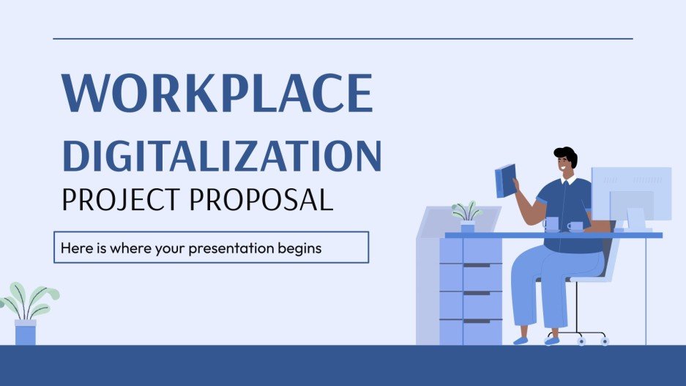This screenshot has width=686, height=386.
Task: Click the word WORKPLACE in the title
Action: tap(217, 94)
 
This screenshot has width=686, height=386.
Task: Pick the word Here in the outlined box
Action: tap(72, 248)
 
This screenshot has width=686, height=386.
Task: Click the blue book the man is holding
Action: tap(505, 179)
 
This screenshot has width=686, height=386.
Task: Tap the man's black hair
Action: tap(566, 155)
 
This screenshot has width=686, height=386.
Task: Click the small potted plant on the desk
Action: tap(467, 217)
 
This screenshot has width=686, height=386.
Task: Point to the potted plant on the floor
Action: tap(26, 315)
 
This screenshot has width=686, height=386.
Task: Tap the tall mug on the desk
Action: tap(551, 224)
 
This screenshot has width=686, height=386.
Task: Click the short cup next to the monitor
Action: tap(575, 226)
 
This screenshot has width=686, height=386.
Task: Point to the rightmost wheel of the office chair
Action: tap(604, 341)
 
